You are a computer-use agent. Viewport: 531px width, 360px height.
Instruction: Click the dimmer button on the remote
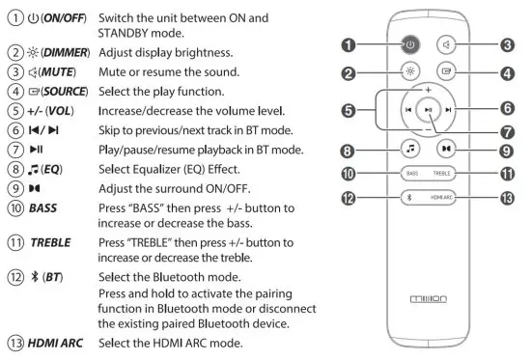(x=410, y=71)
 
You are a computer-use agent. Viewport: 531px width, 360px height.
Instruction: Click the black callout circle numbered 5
(x=349, y=111)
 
